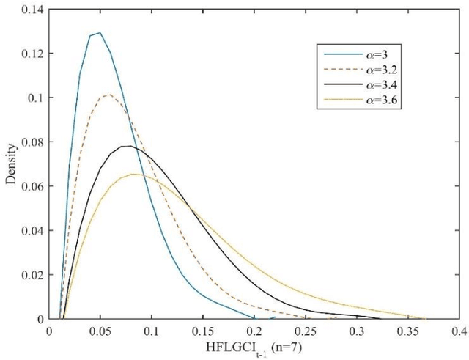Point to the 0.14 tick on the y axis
pyautogui.click(x=32, y=9)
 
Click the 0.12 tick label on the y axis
pyautogui.click(x=32, y=54)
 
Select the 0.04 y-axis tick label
pyautogui.click(x=32, y=231)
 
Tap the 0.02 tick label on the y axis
pyautogui.click(x=32, y=275)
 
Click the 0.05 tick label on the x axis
pyautogui.click(x=100, y=331)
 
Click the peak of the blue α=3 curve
pyautogui.click(x=100, y=32)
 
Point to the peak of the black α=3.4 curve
pyautogui.click(x=129, y=146)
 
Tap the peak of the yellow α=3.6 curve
pyautogui.click(x=135, y=174)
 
